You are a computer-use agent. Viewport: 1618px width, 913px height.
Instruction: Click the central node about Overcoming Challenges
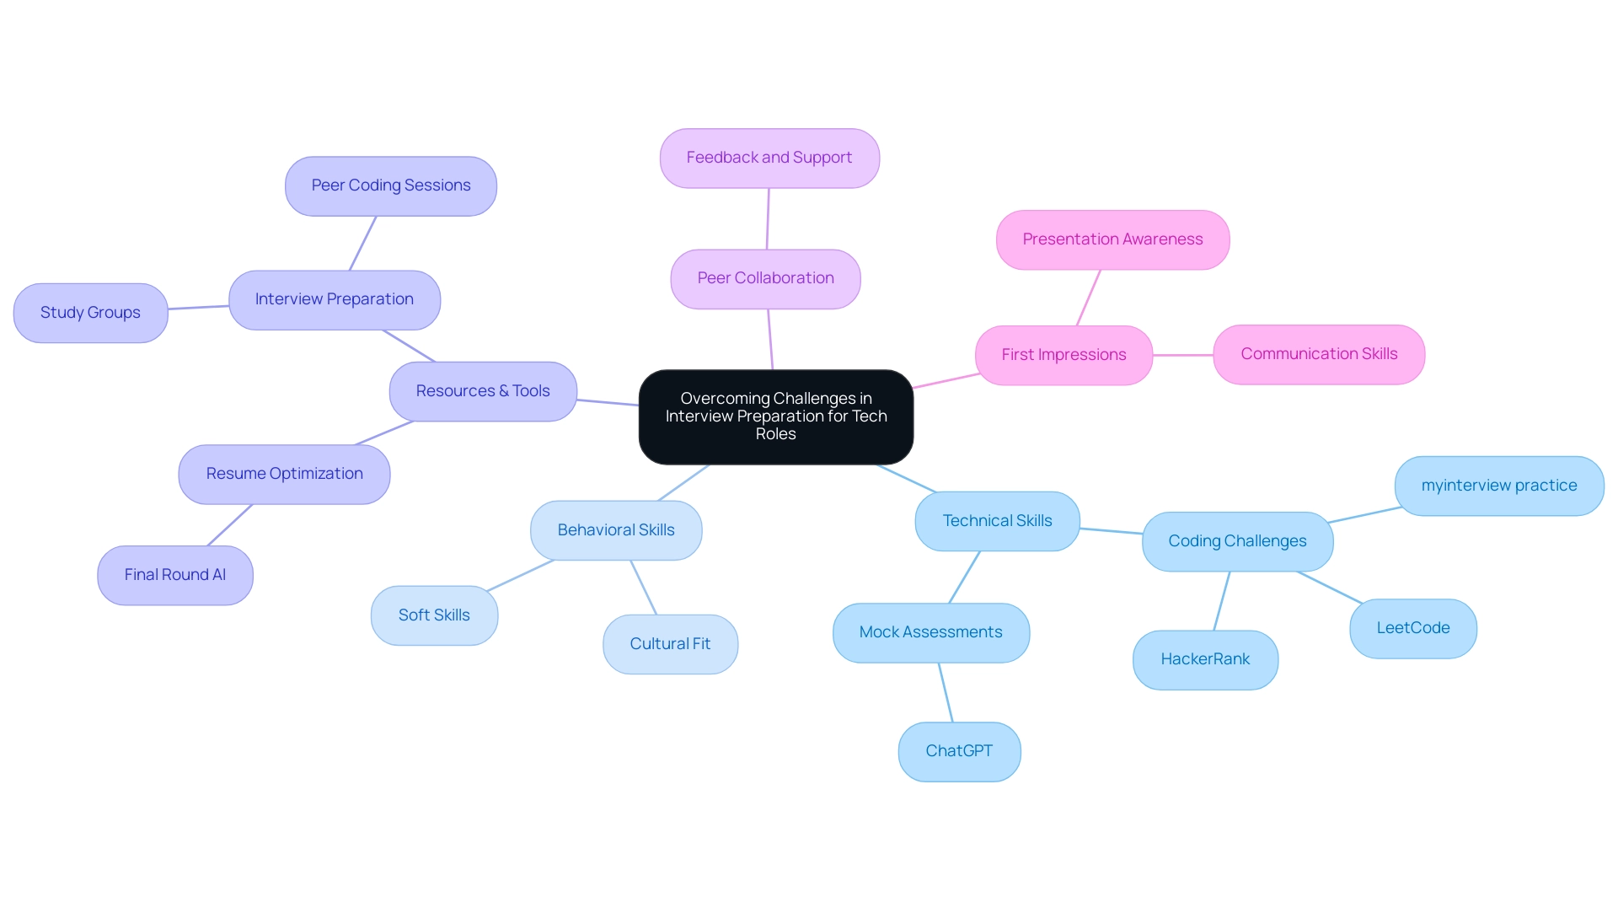[775, 416]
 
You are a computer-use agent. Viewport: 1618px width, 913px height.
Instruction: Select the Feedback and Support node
[769, 158]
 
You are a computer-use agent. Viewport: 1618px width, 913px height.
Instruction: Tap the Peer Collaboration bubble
[765, 278]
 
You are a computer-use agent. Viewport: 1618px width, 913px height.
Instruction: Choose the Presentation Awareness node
[1112, 239]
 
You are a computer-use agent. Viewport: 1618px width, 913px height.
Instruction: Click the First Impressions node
[1063, 355]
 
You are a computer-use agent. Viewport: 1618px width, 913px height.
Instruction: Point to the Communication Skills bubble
[1319, 354]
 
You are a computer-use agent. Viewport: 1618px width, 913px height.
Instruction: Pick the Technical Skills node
[997, 521]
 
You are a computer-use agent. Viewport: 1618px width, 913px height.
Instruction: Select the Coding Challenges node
[1237, 541]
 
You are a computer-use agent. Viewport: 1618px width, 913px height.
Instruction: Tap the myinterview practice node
[1498, 486]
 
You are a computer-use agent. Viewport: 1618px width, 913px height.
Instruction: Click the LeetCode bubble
[1412, 628]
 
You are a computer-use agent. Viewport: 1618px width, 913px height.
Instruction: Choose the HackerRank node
[1205, 659]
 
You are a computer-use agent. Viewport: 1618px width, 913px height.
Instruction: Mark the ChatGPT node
[959, 751]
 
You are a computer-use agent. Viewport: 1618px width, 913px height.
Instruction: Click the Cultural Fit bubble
[670, 644]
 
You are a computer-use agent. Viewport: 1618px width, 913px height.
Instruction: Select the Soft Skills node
[434, 615]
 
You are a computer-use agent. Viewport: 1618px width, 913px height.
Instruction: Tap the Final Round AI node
[175, 575]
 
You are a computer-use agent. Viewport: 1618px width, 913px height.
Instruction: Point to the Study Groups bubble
[90, 313]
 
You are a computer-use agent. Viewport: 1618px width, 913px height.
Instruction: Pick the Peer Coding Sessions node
[391, 185]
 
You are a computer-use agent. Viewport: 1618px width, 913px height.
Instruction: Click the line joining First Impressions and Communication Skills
[1182, 355]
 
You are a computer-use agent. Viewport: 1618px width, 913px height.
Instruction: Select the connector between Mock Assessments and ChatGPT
[946, 692]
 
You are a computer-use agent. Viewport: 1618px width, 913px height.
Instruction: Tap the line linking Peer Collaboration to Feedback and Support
[768, 218]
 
